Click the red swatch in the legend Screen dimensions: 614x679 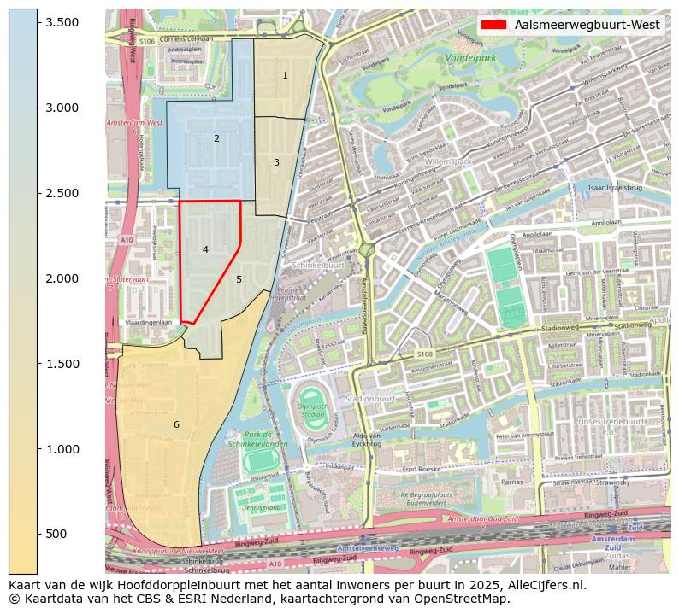[494, 25]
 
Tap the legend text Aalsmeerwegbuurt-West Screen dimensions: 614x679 [587, 25]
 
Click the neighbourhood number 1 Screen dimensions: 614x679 [285, 76]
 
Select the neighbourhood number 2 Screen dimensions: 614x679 [216, 138]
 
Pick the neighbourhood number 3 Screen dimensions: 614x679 [276, 162]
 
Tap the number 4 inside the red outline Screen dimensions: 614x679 [205, 249]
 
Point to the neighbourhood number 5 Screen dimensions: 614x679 [239, 279]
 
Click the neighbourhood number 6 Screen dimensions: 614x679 [176, 424]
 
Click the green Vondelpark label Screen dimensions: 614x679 [470, 59]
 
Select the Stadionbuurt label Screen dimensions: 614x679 [369, 399]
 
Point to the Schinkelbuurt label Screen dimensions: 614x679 [317, 266]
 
